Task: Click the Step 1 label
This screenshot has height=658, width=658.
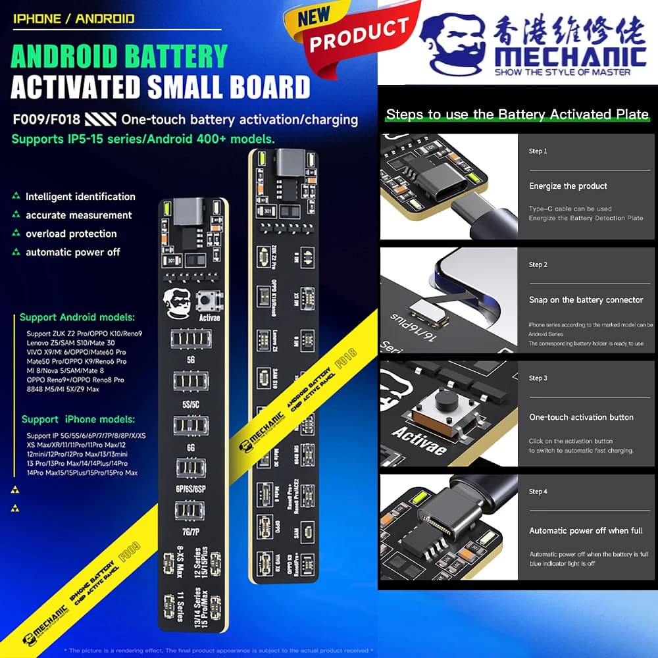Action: tap(538, 151)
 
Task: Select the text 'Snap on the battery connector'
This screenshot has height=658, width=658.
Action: tap(586, 299)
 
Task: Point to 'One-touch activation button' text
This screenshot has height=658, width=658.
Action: tap(581, 417)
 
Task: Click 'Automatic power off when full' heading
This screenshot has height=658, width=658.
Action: tap(586, 530)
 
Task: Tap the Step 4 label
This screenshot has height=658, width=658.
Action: tap(538, 492)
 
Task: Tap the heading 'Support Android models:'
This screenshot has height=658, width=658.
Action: tap(77, 317)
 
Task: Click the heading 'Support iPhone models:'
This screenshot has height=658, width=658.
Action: tap(78, 419)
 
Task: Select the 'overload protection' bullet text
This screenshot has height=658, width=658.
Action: tap(71, 234)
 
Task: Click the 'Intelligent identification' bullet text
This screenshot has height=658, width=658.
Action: tap(80, 197)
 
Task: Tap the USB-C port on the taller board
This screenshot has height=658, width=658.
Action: tap(288, 161)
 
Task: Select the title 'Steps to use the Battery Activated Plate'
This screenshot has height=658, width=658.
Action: tap(517, 114)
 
